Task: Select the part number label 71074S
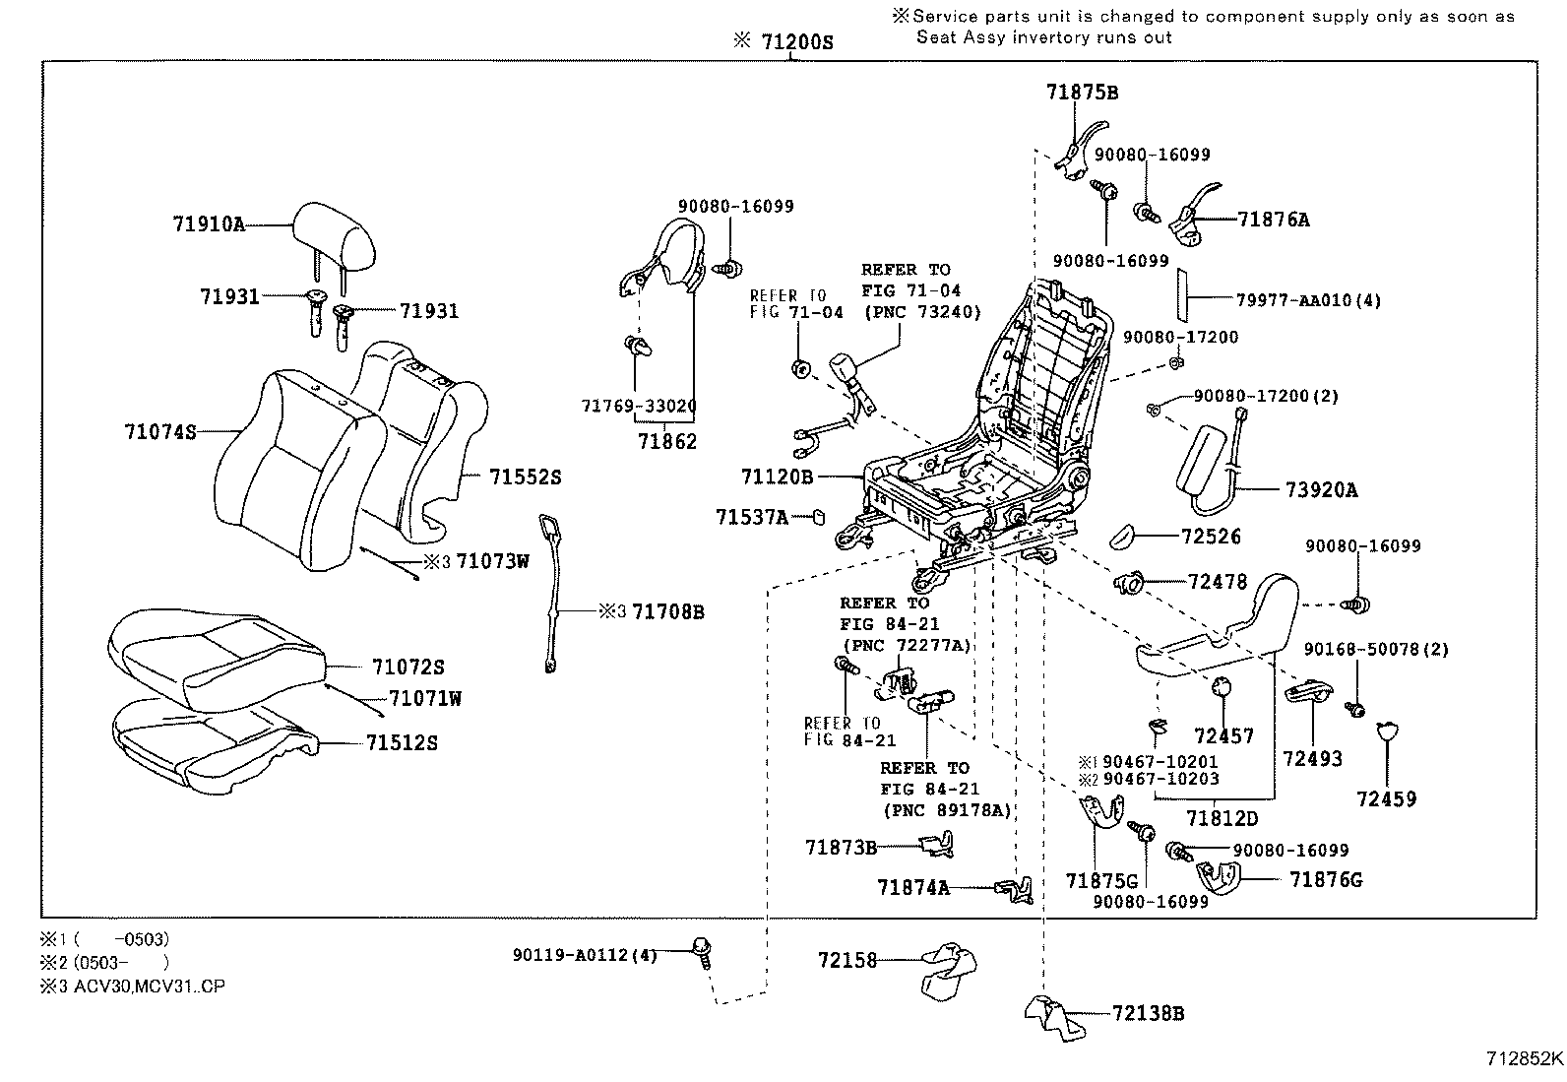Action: (160, 431)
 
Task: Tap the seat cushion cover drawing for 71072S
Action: (212, 655)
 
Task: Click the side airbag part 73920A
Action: (1211, 463)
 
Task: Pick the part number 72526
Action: (1211, 537)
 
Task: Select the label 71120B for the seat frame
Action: (777, 477)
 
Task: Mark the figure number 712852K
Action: (1524, 1059)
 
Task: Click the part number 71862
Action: (666, 442)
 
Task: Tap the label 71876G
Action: (1325, 879)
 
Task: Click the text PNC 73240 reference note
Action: (922, 313)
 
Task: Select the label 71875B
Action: (1082, 93)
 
